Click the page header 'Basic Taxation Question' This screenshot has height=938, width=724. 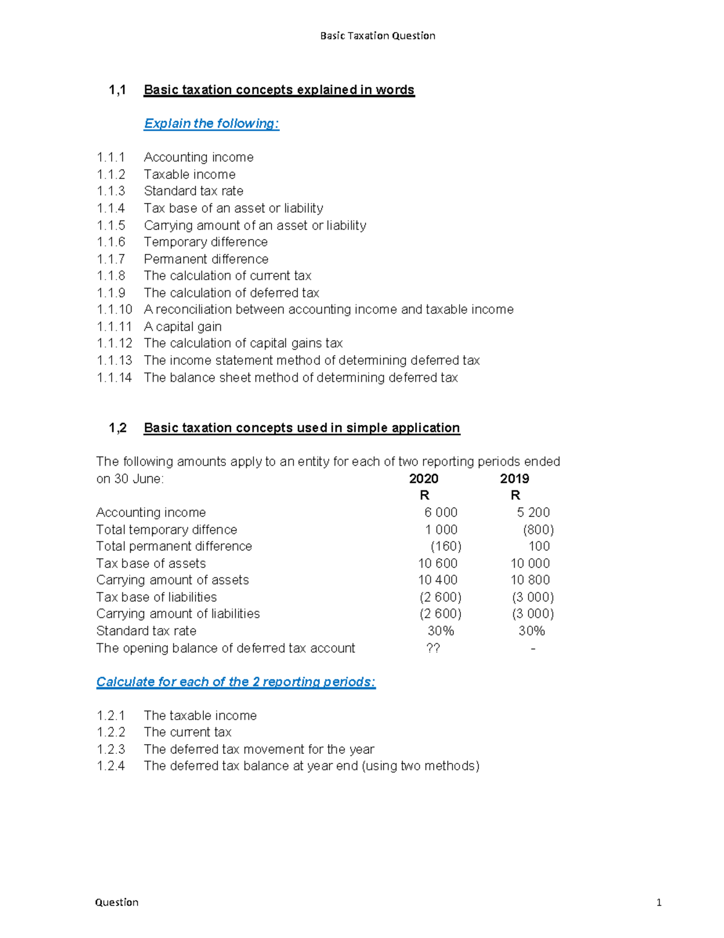[x=377, y=36]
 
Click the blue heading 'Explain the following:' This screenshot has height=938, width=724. [x=211, y=124]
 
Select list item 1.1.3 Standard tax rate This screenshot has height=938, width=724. [x=193, y=191]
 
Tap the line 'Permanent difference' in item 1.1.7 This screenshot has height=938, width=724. [x=206, y=259]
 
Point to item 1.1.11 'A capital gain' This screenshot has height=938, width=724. [x=182, y=327]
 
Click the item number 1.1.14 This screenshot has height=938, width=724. [x=114, y=377]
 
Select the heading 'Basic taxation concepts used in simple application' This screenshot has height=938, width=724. [x=302, y=428]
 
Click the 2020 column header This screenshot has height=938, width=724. [x=424, y=479]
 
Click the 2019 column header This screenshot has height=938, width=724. [x=514, y=479]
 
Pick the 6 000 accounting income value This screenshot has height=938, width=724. [x=440, y=513]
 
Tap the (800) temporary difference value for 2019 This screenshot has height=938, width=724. [x=538, y=530]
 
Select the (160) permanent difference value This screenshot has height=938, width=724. [x=445, y=547]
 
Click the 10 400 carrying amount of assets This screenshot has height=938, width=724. [x=437, y=580]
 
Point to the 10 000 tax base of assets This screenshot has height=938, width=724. [x=530, y=564]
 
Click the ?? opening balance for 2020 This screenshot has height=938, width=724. [x=433, y=648]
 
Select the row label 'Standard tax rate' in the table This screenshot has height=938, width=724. [x=146, y=631]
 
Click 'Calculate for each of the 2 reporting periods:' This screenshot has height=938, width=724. [x=236, y=682]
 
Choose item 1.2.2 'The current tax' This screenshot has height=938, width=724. [x=187, y=733]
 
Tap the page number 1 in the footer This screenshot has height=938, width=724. [x=659, y=902]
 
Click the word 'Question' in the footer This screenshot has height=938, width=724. [x=116, y=902]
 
